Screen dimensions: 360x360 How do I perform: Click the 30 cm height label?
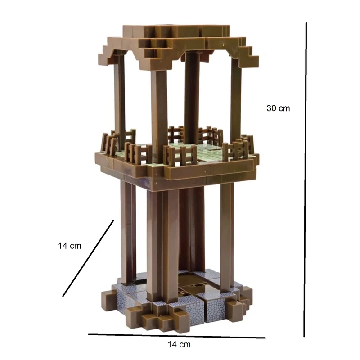point(278,108)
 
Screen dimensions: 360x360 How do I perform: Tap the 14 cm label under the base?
point(179,344)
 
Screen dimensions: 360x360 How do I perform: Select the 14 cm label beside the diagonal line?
point(70,246)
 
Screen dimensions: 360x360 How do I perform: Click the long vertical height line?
point(305,179)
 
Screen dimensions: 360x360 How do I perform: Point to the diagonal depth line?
point(88,258)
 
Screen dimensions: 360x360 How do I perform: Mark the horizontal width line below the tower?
point(177,336)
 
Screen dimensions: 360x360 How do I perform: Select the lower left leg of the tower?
point(128,232)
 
